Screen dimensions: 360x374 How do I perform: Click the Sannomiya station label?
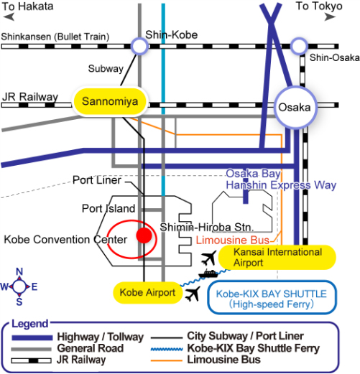pyautogui.click(x=110, y=101)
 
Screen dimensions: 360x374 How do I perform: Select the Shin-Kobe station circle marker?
pyautogui.click(x=139, y=46)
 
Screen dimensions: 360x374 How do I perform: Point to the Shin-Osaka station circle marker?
pyautogui.click(x=299, y=46)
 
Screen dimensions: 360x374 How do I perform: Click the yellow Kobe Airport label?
pyautogui.click(x=147, y=293)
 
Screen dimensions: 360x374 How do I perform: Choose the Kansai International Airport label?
pyautogui.click(x=277, y=257)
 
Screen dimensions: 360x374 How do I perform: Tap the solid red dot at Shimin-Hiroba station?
pyautogui.click(x=144, y=235)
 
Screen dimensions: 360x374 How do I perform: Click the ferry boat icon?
pyautogui.click(x=208, y=274)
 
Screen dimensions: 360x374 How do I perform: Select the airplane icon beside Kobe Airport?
pyautogui.click(x=193, y=294)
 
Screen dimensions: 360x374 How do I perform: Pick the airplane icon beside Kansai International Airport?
pyautogui.click(x=209, y=258)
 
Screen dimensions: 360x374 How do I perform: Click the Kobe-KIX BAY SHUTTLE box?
pyautogui.click(x=272, y=297)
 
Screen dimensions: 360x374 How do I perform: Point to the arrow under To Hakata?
pyautogui.click(x=9, y=17)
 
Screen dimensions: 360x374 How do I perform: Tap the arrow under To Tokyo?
pyautogui.click(x=330, y=17)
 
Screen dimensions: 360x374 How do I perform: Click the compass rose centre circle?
pyautogui.click(x=19, y=286)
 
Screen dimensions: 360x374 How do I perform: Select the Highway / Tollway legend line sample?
pyautogui.click(x=32, y=337)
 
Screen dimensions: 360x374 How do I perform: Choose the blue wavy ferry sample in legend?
pyautogui.click(x=167, y=349)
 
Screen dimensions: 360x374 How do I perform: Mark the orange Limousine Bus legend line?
pyautogui.click(x=167, y=360)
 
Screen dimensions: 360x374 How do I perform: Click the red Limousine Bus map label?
pyautogui.click(x=233, y=240)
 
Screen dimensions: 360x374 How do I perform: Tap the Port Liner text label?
pyautogui.click(x=97, y=180)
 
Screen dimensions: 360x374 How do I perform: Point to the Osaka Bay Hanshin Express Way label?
pyautogui.click(x=281, y=179)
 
